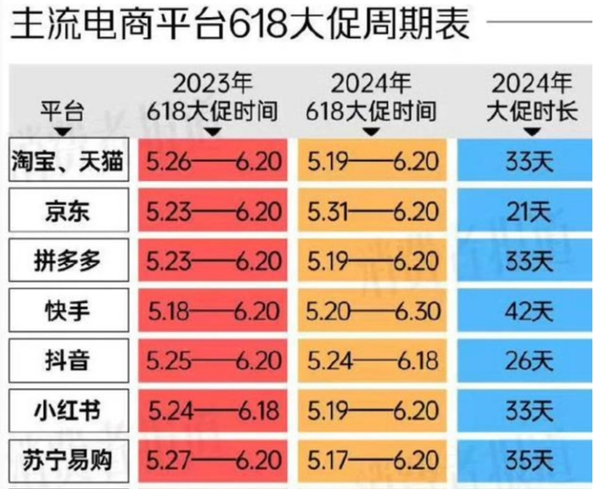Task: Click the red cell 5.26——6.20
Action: coord(213,160)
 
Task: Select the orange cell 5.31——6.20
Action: coord(373,211)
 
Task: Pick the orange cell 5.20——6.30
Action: coord(373,311)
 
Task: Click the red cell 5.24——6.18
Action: coord(213,411)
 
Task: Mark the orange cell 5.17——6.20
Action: coord(373,461)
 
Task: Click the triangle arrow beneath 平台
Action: coord(62,132)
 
